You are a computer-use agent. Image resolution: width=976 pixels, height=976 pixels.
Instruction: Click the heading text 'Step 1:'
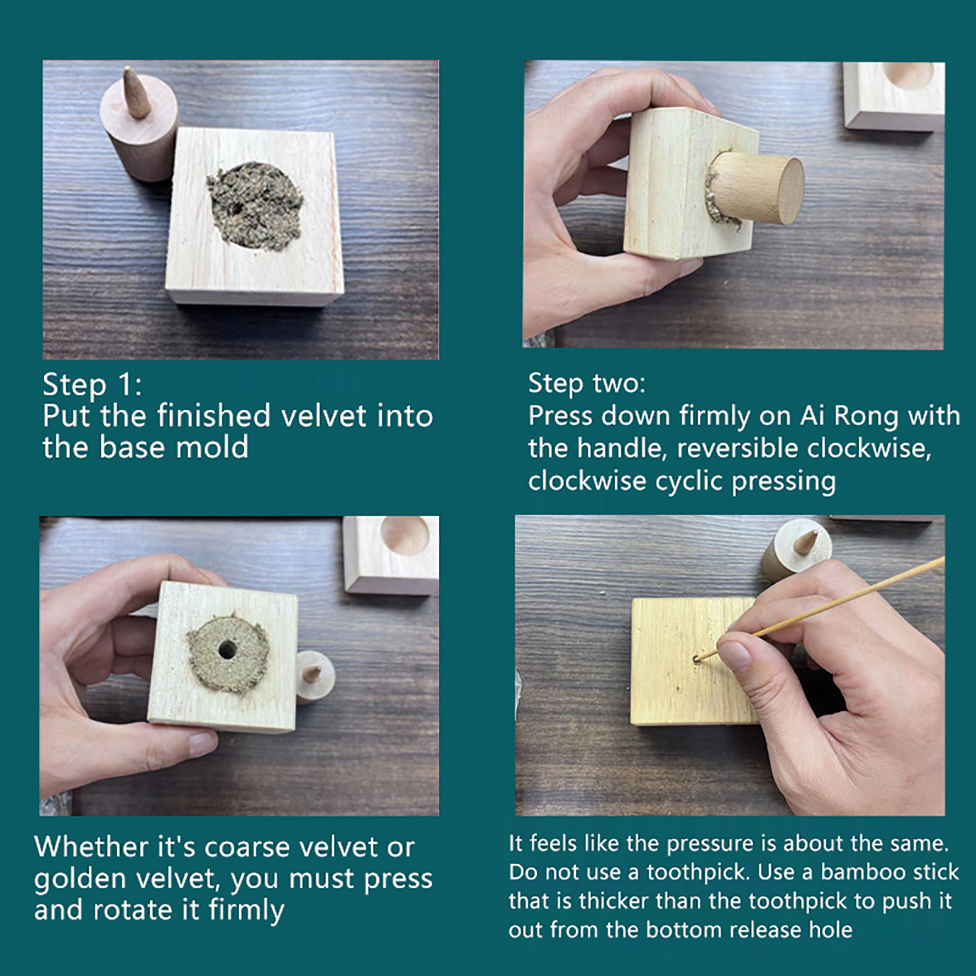(92, 384)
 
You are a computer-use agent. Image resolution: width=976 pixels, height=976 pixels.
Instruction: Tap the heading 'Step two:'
(587, 383)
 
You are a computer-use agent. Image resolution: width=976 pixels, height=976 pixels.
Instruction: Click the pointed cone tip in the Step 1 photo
(130, 72)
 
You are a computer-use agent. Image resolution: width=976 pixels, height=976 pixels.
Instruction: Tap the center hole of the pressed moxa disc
(228, 649)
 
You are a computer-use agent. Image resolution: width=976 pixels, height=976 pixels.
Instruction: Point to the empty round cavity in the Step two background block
(908, 74)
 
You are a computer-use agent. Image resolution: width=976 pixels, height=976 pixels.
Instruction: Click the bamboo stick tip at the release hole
(697, 659)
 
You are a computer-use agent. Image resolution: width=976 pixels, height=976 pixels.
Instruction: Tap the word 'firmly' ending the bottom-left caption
(246, 911)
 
